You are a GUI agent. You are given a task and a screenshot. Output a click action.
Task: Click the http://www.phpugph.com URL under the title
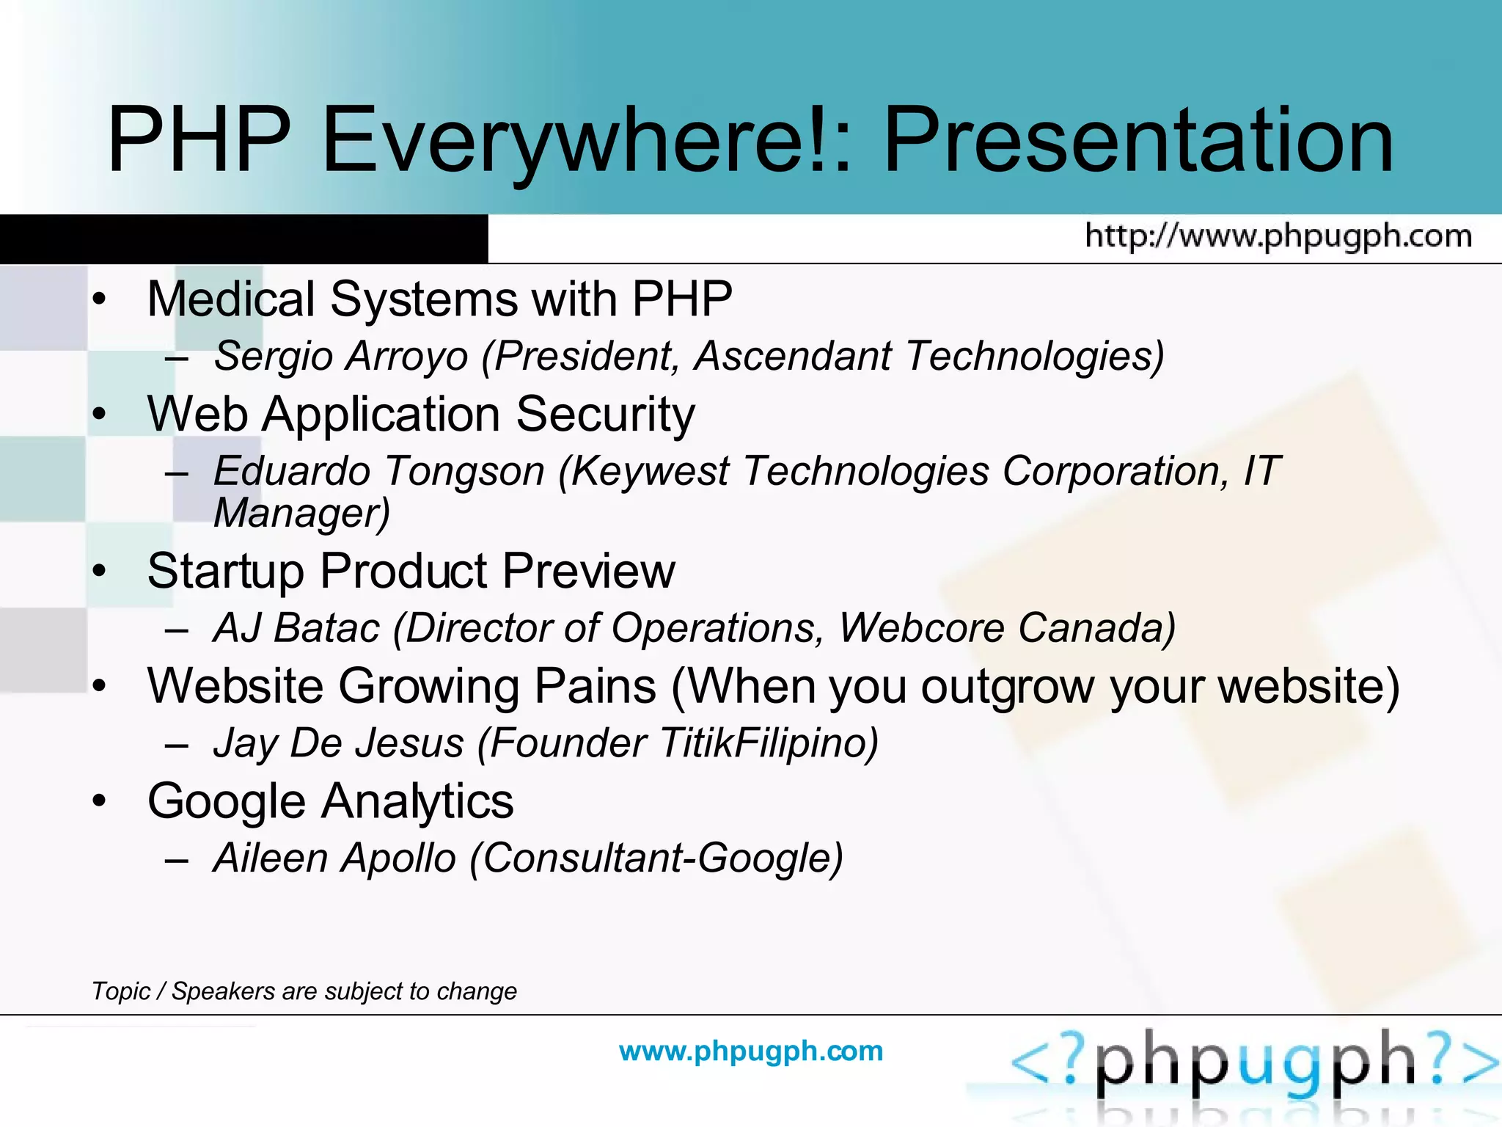pos(1278,236)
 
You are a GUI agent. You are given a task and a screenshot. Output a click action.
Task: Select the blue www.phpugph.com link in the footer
pos(751,1051)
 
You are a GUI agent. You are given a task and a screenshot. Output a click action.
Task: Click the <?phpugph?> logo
pos(1254,1064)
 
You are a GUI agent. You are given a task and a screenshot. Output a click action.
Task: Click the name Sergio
pos(273,357)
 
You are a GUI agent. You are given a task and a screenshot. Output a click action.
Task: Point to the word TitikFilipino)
pos(768,743)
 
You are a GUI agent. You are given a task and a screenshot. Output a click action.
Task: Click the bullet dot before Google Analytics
pos(100,800)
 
